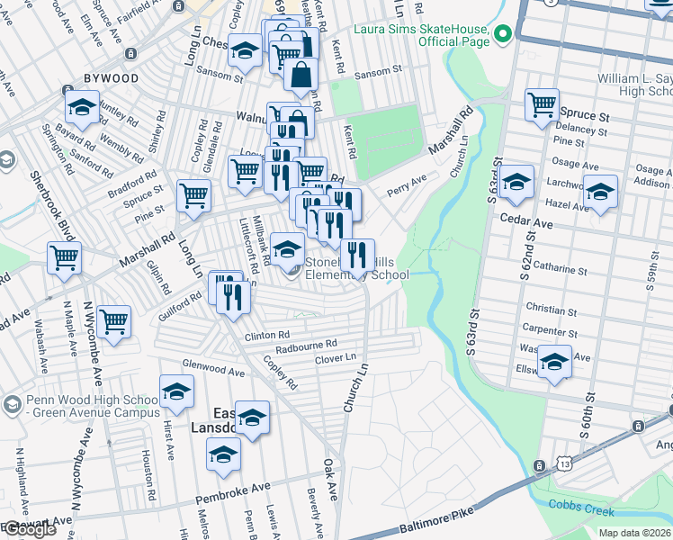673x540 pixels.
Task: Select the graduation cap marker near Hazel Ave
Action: [x=600, y=193]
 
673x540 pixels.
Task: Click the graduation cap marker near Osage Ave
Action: [x=516, y=183]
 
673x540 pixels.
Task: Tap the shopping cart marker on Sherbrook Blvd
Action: [x=64, y=258]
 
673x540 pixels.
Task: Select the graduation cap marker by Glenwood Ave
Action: [x=177, y=391]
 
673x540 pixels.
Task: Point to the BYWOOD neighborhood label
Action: [x=112, y=78]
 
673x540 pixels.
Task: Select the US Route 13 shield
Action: [x=540, y=465]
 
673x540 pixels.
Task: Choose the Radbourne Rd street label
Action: [x=306, y=344]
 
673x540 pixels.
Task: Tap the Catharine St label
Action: [x=560, y=269]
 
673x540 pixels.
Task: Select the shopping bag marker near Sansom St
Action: [x=301, y=76]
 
